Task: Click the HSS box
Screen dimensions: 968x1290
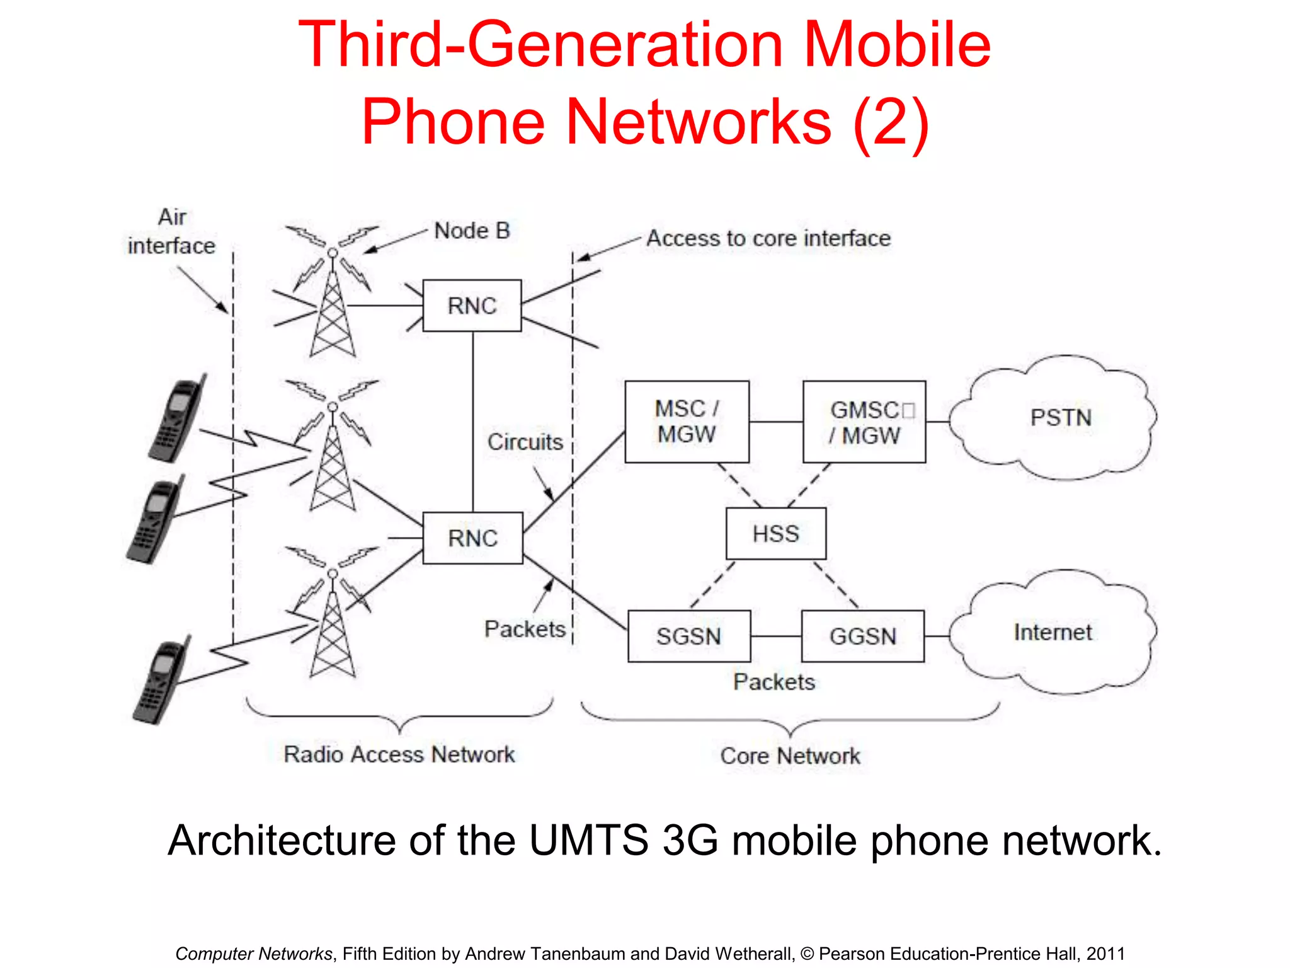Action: (776, 534)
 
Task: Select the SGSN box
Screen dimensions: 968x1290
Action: (689, 636)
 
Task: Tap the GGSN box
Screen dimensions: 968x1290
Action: (863, 636)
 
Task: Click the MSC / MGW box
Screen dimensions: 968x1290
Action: (687, 422)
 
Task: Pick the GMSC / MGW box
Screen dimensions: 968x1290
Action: (864, 422)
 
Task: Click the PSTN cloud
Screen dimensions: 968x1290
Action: (1060, 418)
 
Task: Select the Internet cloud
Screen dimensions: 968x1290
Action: (1053, 632)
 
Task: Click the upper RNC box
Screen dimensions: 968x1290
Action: (472, 306)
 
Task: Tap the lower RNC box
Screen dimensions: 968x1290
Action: (472, 538)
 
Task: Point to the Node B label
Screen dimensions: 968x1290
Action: (472, 231)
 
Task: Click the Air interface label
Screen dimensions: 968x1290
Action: (171, 231)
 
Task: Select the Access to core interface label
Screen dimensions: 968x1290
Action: (768, 238)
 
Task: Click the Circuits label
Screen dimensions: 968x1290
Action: (525, 442)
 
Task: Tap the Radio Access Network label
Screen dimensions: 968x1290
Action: (399, 754)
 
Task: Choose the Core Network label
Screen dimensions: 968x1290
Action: (790, 756)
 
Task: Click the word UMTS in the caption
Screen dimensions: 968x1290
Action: (588, 841)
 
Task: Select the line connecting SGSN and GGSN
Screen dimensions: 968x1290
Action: (776, 637)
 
